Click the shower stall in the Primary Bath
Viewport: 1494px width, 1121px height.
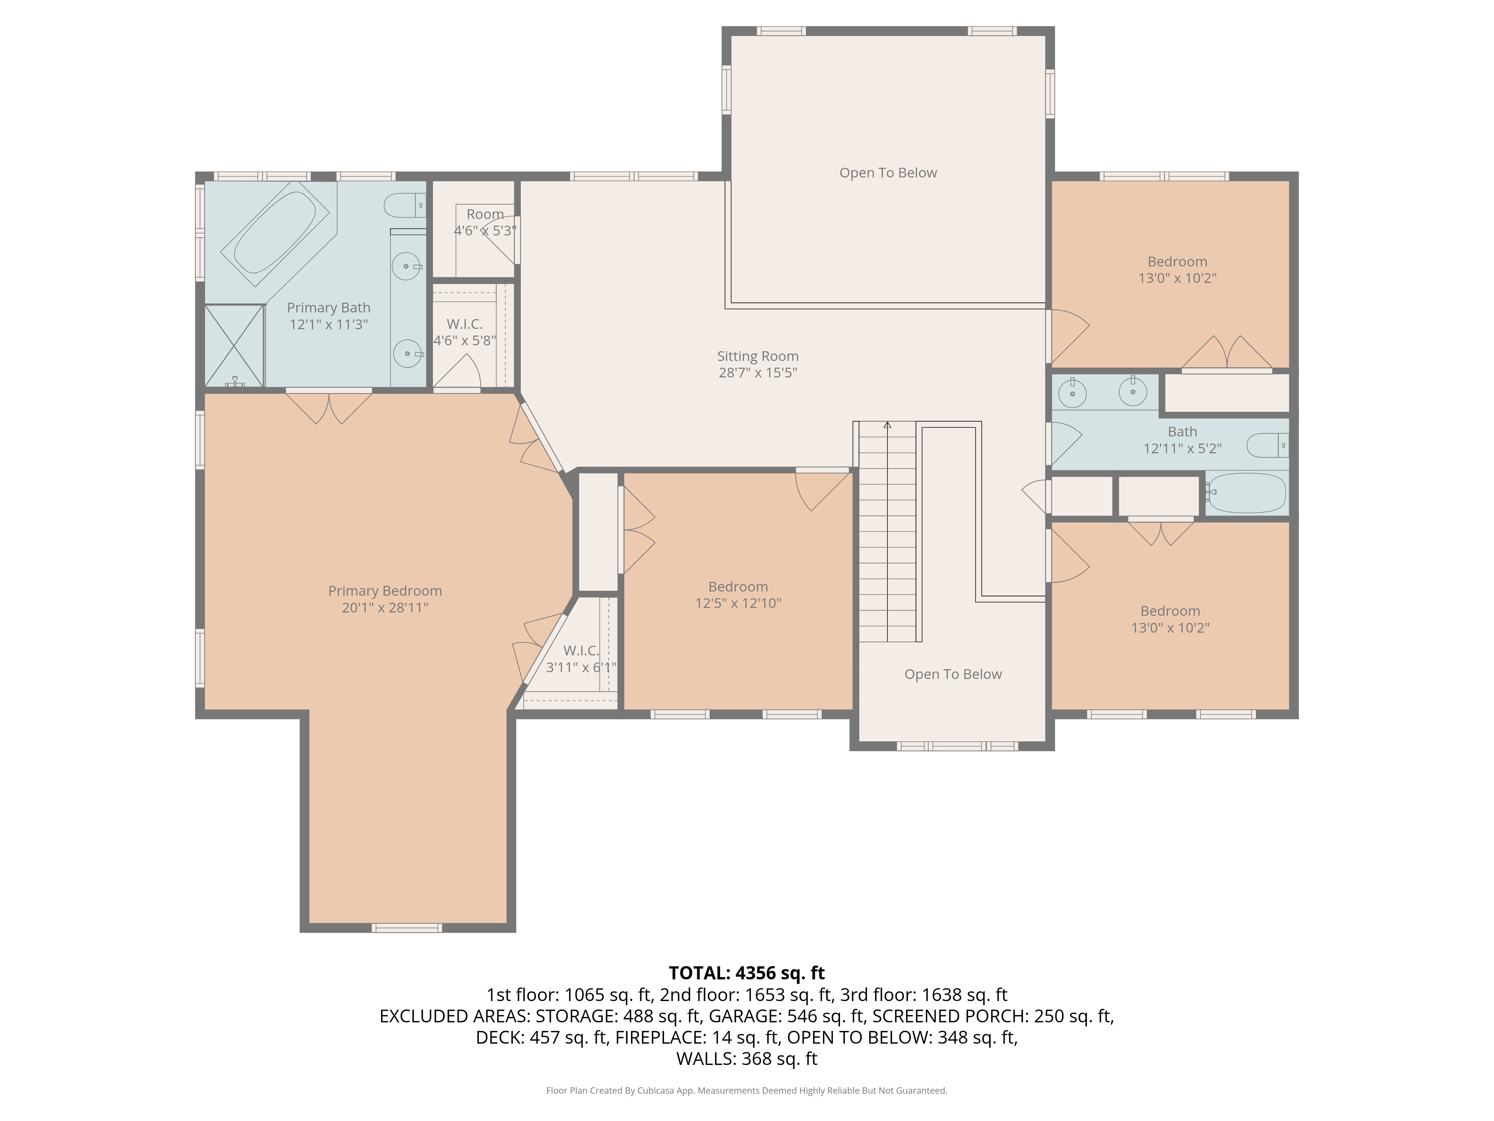point(234,346)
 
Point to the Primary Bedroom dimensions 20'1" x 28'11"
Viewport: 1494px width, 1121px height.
point(385,608)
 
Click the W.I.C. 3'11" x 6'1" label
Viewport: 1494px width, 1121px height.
point(581,659)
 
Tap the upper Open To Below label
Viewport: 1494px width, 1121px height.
point(888,173)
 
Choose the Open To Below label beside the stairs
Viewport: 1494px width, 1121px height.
point(953,674)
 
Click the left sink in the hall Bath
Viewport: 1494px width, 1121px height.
point(1073,393)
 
